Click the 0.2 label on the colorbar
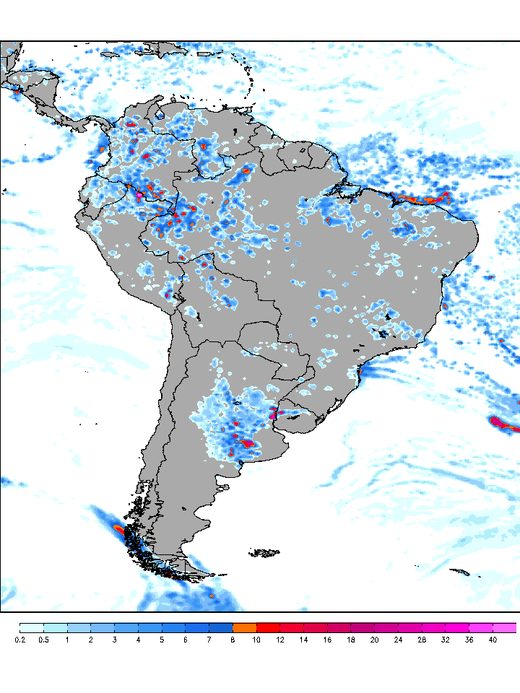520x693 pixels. click(19, 640)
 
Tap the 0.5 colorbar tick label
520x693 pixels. click(43, 640)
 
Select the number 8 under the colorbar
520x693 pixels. click(233, 640)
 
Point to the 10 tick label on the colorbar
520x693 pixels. click(257, 640)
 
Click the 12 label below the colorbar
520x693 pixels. click(280, 640)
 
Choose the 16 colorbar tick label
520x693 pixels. click(327, 640)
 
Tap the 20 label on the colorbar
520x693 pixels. click(375, 640)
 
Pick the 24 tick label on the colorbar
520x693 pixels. click(399, 640)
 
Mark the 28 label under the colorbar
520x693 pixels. click(422, 640)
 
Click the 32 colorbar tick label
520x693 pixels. click(446, 640)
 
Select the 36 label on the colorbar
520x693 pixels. click(469, 640)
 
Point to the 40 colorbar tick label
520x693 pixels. click(493, 640)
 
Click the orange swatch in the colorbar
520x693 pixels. click(245, 627)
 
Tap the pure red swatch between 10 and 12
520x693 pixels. click(269, 627)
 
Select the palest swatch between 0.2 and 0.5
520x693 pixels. click(32, 627)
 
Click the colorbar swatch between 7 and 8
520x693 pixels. click(221, 627)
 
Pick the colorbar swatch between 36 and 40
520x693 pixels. click(481, 627)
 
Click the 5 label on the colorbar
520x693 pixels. click(162, 640)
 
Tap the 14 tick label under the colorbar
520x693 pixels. click(304, 640)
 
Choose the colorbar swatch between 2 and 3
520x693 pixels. click(103, 627)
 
